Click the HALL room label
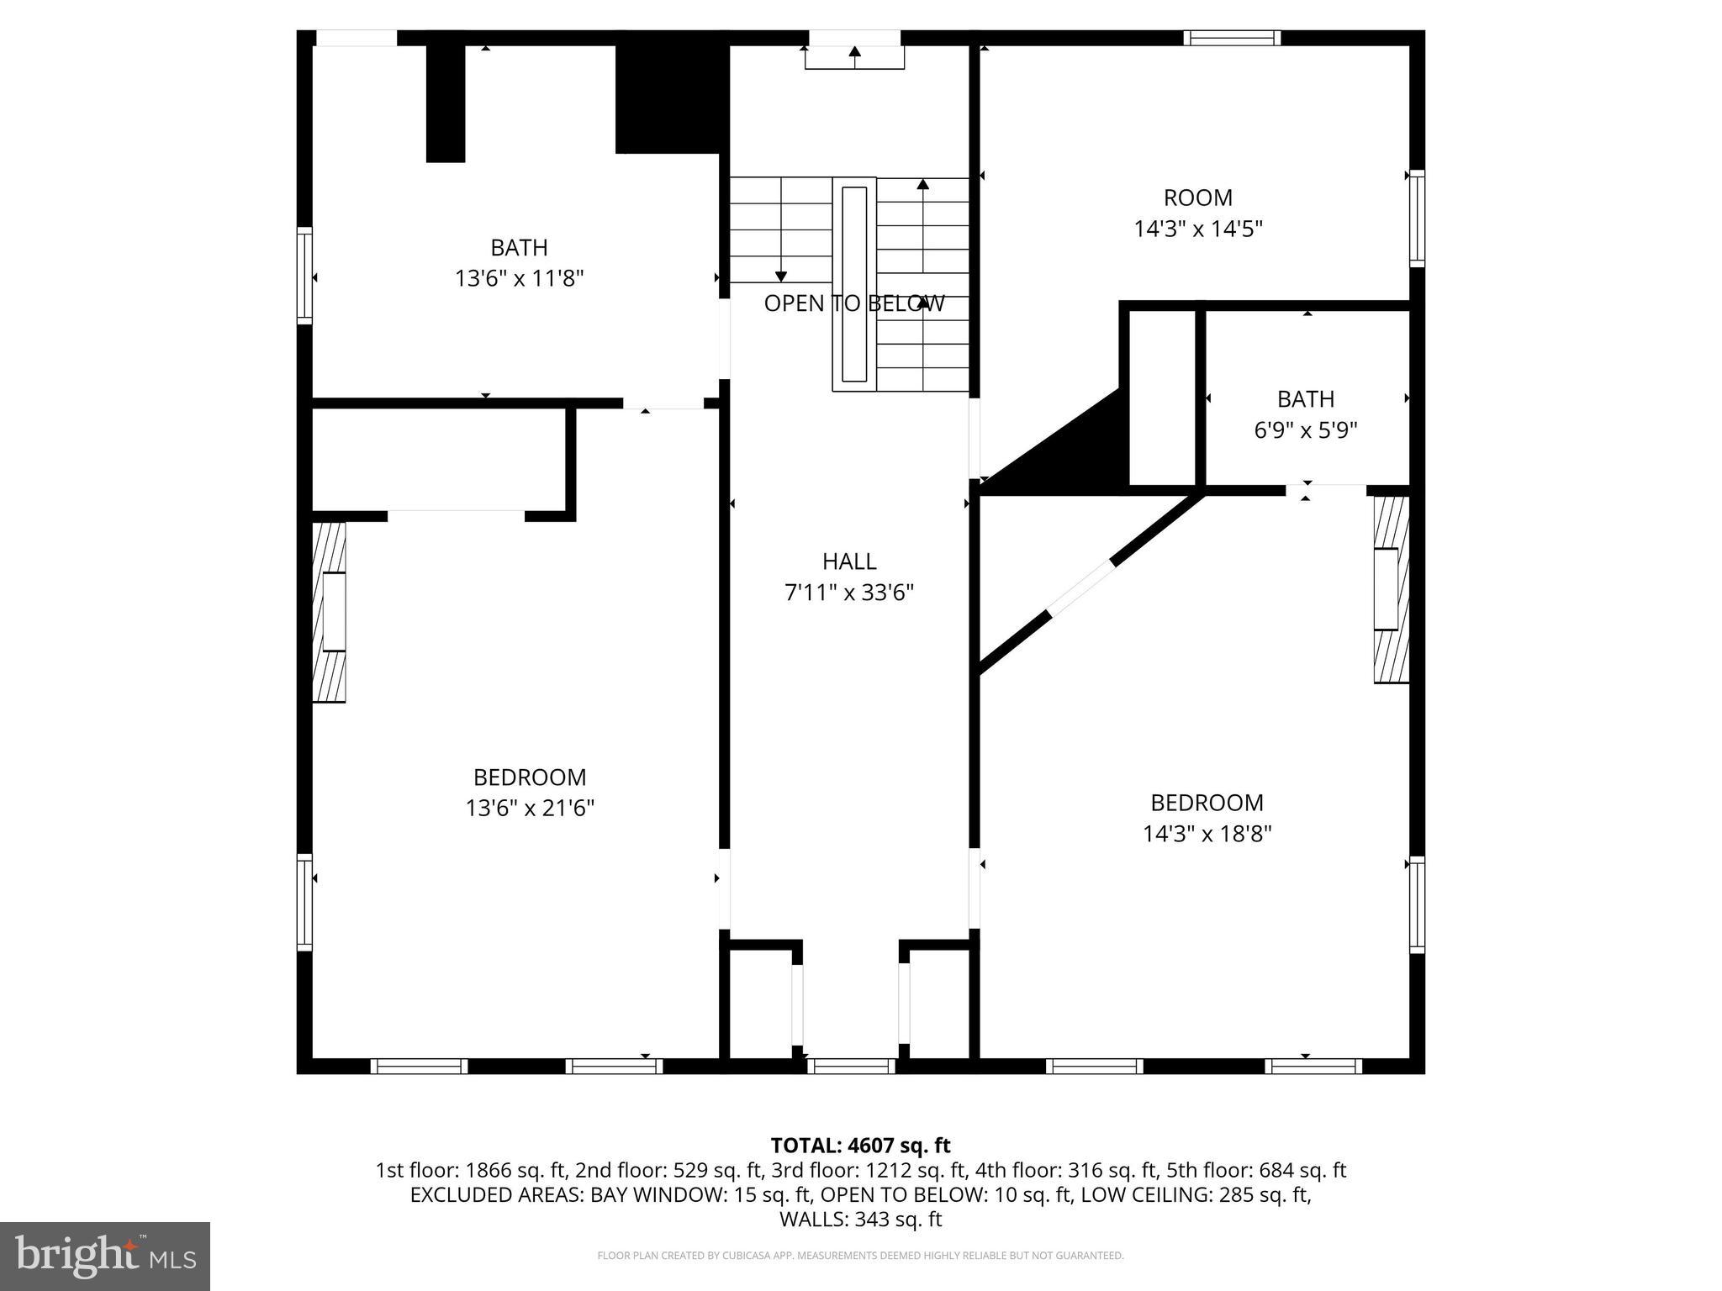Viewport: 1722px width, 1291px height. (x=849, y=561)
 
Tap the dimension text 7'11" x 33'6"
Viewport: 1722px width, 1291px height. (x=849, y=593)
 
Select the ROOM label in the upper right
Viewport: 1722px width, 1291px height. (x=1197, y=198)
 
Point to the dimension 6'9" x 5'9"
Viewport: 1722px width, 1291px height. (x=1305, y=430)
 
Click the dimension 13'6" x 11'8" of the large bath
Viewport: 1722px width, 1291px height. (x=519, y=278)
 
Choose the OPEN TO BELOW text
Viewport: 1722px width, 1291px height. (x=853, y=303)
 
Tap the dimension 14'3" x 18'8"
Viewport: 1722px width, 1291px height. (x=1207, y=835)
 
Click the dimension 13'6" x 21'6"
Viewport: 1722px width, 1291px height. (x=530, y=809)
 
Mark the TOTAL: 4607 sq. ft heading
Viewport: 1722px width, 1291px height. (x=860, y=1146)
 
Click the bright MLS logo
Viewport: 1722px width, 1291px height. (x=105, y=1256)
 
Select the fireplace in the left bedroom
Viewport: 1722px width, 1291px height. (x=330, y=612)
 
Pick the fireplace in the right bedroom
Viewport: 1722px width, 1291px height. (x=1391, y=589)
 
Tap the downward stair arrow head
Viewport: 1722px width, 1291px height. (x=780, y=277)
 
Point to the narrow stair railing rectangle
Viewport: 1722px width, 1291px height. (x=853, y=284)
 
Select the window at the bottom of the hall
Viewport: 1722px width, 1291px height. (x=851, y=1066)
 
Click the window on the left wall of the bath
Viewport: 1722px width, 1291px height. (x=304, y=275)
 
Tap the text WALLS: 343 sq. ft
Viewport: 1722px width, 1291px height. (x=860, y=1220)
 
